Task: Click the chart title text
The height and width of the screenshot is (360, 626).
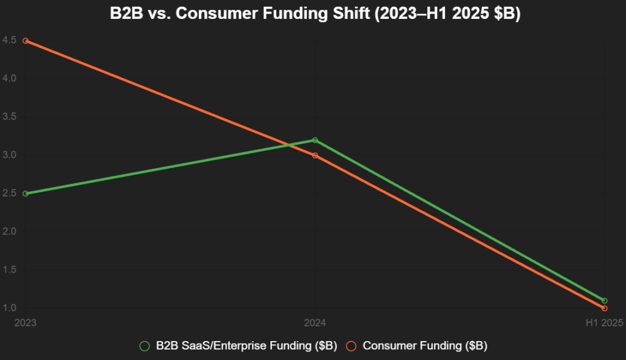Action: (x=313, y=15)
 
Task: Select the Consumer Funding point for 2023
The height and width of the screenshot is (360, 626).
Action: (x=25, y=41)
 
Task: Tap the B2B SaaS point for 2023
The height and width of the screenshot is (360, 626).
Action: (x=25, y=194)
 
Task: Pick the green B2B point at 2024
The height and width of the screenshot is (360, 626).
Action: (x=315, y=140)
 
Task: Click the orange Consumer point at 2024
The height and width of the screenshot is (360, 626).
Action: (x=315, y=155)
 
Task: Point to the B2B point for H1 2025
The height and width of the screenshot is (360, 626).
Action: (x=605, y=301)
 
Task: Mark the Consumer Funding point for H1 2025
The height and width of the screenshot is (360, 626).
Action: (x=605, y=308)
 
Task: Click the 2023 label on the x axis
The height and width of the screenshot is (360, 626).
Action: (x=25, y=322)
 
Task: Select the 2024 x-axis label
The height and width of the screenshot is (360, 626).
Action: (x=315, y=322)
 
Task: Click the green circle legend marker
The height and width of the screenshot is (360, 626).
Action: (x=145, y=345)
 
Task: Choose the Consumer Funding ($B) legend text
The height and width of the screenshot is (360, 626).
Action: (x=425, y=345)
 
